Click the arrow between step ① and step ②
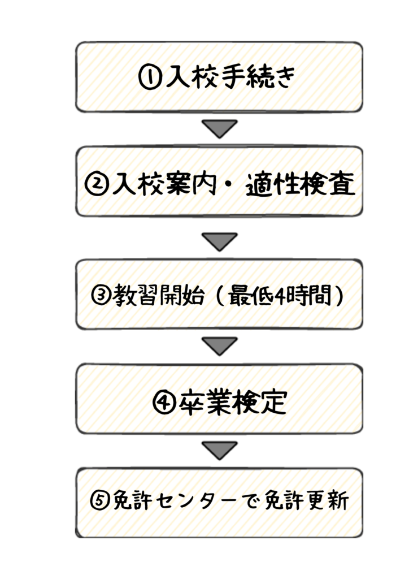[220, 128]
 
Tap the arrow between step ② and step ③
[220, 241]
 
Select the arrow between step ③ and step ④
[220, 345]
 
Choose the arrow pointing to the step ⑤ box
[220, 450]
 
